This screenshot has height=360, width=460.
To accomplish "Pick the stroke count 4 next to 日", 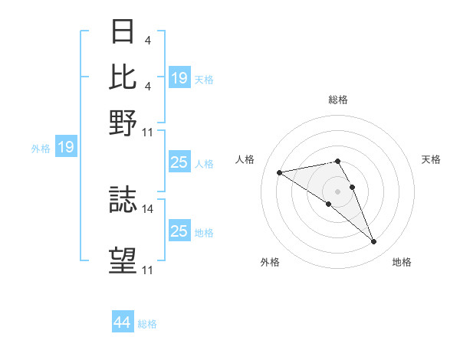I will (147, 40).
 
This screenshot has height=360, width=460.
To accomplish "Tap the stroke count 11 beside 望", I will (148, 270).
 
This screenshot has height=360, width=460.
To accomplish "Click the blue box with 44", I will (122, 322).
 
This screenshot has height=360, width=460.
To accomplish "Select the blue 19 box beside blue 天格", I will (179, 78).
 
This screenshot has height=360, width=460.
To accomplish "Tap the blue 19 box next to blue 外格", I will (65, 147).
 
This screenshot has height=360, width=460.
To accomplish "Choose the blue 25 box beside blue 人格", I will (179, 162).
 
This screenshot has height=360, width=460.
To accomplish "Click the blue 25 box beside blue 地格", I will (179, 231).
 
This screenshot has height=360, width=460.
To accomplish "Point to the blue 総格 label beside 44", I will (147, 324).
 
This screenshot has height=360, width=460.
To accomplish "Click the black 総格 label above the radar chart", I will (337, 100).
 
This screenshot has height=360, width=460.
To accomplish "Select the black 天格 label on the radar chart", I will (431, 159).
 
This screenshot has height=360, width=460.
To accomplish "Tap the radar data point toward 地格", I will (374, 242).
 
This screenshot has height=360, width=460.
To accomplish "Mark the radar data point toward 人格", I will (280, 172).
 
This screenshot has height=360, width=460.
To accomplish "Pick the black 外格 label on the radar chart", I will (270, 262).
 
